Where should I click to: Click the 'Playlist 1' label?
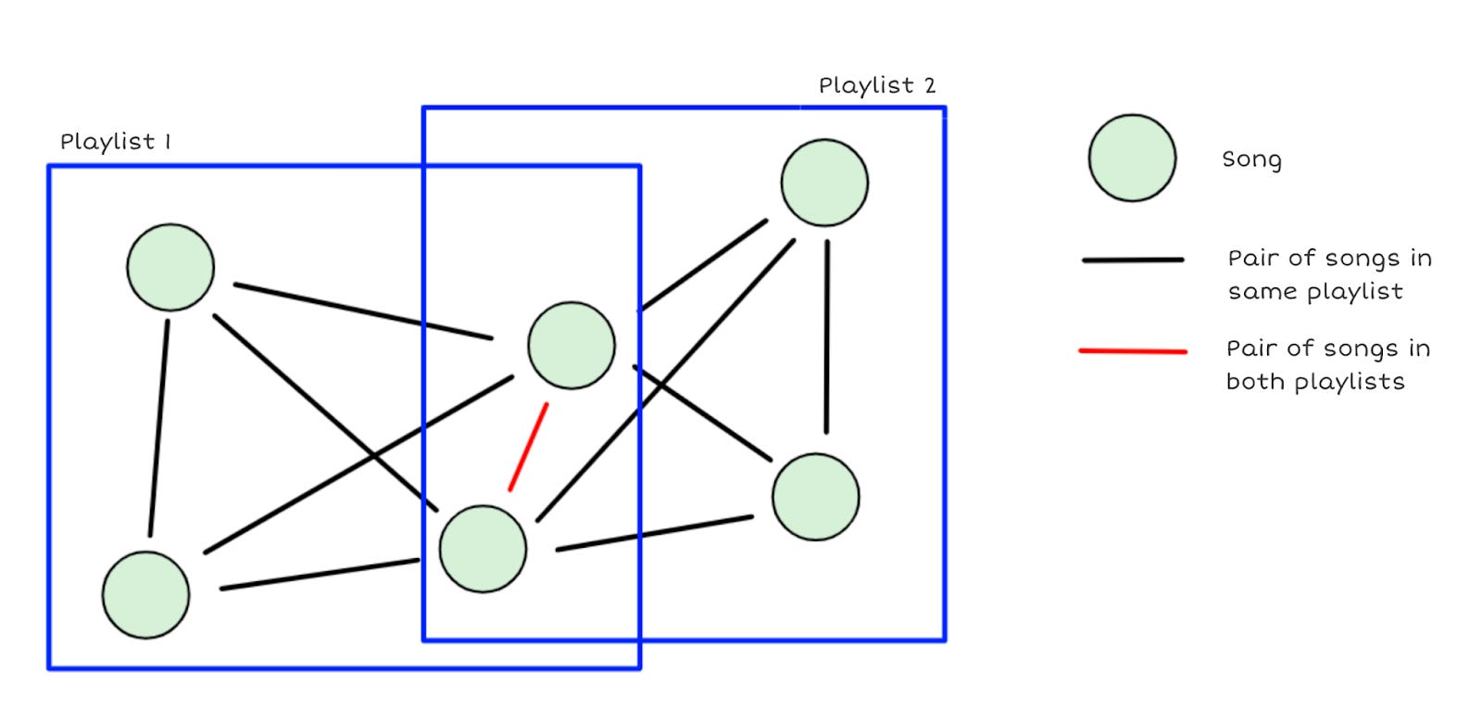click(x=115, y=142)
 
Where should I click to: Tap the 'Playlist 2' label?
click(x=876, y=86)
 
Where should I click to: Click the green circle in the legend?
click(x=1132, y=159)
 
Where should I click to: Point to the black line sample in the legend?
click(x=1132, y=260)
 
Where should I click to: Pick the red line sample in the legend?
click(x=1132, y=351)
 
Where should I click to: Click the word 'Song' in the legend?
click(x=1251, y=159)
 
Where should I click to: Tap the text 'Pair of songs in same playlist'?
click(x=1328, y=274)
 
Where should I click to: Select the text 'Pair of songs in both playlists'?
click(x=1326, y=364)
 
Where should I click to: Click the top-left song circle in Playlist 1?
click(x=170, y=268)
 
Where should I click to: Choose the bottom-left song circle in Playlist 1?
click(x=145, y=594)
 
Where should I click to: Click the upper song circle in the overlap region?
click(x=571, y=345)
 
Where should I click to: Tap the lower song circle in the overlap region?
click(x=483, y=549)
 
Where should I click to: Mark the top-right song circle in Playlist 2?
click(x=824, y=183)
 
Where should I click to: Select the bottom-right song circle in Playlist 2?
click(x=815, y=497)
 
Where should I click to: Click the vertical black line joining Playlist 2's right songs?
click(x=826, y=336)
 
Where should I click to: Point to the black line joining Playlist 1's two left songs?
click(x=158, y=428)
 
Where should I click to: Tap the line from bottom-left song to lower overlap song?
click(x=320, y=575)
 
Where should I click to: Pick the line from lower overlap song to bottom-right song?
click(x=654, y=534)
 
